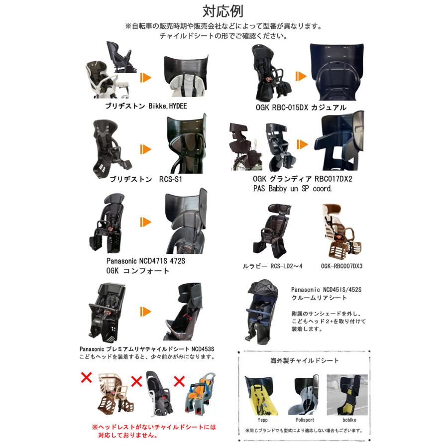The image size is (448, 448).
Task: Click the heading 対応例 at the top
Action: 224,10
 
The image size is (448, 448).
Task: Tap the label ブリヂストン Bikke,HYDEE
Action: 146,106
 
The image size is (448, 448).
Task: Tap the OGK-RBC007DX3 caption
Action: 342,266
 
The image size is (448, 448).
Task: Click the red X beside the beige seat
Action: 86,377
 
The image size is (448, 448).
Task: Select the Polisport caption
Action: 304,420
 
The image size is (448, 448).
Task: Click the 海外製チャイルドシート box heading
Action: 305,360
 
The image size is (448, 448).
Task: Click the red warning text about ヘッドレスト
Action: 154,431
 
